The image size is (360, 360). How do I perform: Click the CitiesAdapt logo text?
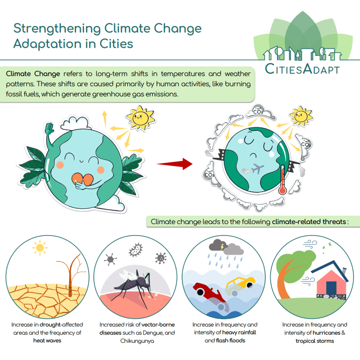coord(302,69)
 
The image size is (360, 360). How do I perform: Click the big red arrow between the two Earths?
coord(175,164)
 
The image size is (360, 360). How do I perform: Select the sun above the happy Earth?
coord(141,118)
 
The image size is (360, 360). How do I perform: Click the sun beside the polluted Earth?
coord(301,116)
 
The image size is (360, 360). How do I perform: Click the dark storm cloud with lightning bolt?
coord(218,245)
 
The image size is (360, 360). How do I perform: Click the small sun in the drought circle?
coord(40,248)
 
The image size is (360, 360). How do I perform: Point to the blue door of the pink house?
coord(331,288)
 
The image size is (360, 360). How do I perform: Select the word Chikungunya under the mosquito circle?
coord(137,341)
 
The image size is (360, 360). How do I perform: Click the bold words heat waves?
coord(47,341)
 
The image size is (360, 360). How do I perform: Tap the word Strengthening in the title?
coord(57,29)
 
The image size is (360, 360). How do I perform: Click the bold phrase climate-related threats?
coord(309,222)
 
